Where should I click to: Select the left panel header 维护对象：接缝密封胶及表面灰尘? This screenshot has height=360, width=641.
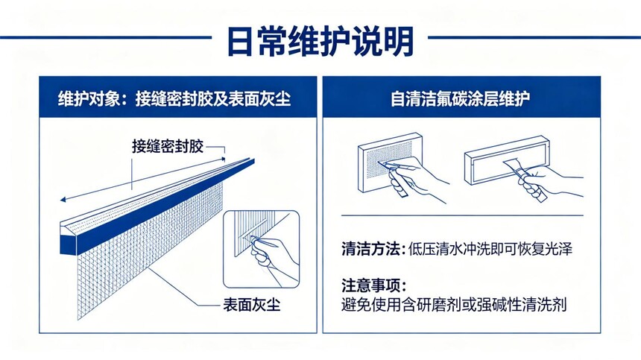tap(174, 99)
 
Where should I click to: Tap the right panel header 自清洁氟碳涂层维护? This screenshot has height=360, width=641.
tap(461, 99)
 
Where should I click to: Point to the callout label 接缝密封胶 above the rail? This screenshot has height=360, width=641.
tap(168, 146)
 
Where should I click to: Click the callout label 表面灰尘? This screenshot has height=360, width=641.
tap(252, 305)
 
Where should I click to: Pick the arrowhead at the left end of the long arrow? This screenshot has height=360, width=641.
tap(63, 200)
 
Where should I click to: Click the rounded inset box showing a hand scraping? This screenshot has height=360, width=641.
tap(261, 249)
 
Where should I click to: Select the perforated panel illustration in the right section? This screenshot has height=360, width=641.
tap(390, 162)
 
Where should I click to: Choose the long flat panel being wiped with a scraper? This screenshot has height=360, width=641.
tap(507, 160)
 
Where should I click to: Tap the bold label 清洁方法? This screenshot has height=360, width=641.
tap(373, 249)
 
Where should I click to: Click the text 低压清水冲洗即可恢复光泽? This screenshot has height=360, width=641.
tap(490, 249)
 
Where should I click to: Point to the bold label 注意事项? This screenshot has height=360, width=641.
tap(374, 285)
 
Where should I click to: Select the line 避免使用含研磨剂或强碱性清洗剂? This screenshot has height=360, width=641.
tap(454, 305)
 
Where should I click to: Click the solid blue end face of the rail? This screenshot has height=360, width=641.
tap(68, 244)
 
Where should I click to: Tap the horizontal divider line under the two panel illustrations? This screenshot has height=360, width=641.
tap(462, 215)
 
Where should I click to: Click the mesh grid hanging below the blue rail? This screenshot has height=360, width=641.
tap(150, 249)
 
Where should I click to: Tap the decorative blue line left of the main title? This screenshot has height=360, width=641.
tap(106, 37)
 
